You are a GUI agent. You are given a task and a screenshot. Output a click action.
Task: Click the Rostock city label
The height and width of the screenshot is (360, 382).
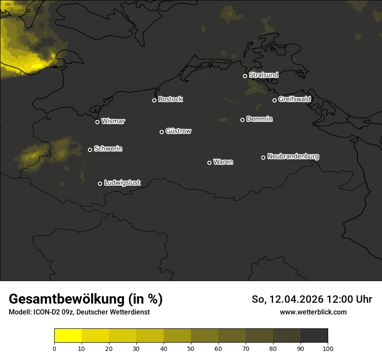171,99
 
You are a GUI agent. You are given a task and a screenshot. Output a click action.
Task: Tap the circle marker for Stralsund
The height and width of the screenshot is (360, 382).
245,76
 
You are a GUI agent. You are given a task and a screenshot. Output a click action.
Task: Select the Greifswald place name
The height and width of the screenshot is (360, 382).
294,99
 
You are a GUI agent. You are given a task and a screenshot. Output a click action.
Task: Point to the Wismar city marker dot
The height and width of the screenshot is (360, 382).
97,122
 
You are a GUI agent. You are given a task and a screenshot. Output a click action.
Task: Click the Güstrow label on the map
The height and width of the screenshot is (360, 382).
178,131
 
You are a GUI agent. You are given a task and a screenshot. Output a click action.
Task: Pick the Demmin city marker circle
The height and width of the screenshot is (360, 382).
242,120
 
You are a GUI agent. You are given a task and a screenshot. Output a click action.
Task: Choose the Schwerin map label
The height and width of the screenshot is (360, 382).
108,149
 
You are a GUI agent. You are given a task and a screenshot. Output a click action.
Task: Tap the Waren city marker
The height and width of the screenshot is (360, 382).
209,163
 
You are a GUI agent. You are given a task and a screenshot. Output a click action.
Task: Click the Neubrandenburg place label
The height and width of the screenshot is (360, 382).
293,156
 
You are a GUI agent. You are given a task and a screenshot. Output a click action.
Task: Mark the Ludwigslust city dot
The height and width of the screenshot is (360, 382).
100,183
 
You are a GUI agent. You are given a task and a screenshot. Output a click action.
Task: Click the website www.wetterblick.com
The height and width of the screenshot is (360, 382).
313,312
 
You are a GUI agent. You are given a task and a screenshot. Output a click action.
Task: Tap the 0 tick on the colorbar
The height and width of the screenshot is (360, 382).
54,348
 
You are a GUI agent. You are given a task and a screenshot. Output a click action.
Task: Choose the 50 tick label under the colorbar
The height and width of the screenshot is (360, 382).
191,348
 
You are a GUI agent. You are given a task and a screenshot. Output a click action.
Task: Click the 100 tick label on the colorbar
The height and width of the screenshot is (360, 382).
328,348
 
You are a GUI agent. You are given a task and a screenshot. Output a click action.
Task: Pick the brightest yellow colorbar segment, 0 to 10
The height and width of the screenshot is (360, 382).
68,335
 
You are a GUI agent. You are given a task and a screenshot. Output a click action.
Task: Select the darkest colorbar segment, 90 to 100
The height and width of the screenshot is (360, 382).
314,335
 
